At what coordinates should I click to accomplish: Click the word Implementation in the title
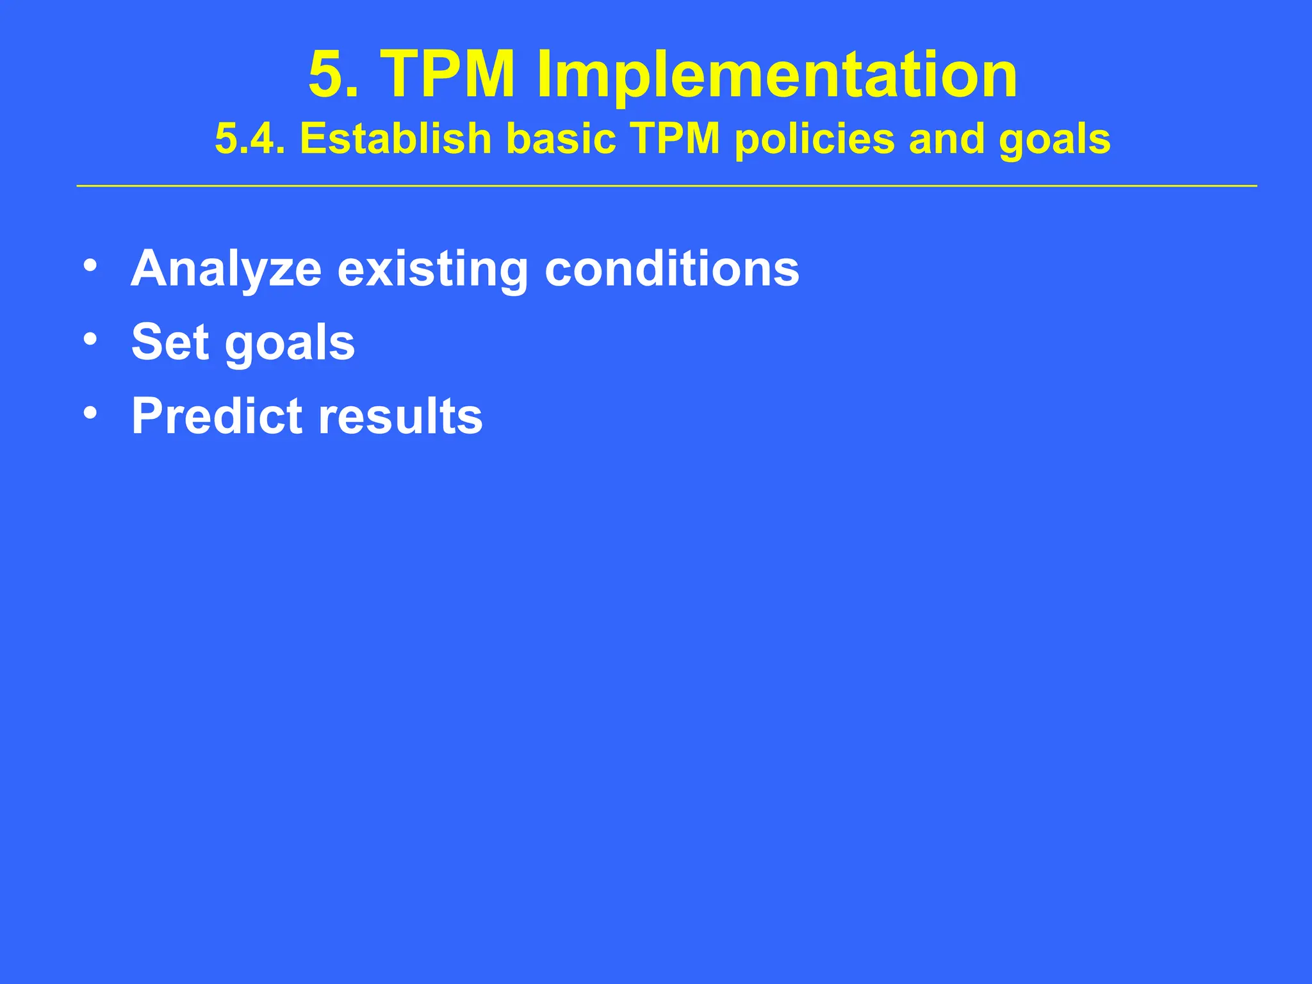[x=776, y=76]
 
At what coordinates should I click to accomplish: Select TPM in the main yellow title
[x=448, y=76]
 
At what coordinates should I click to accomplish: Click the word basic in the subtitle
[x=561, y=139]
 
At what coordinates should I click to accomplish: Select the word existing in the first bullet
[x=432, y=269]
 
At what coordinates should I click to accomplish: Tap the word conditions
[x=671, y=269]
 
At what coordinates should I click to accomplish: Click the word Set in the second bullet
[x=170, y=342]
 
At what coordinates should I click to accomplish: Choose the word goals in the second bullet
[x=290, y=343]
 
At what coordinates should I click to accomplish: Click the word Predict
[x=217, y=416]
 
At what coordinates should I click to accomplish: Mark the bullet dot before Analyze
[x=90, y=265]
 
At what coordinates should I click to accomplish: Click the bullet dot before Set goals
[x=90, y=339]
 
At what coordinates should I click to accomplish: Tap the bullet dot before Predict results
[x=90, y=413]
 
